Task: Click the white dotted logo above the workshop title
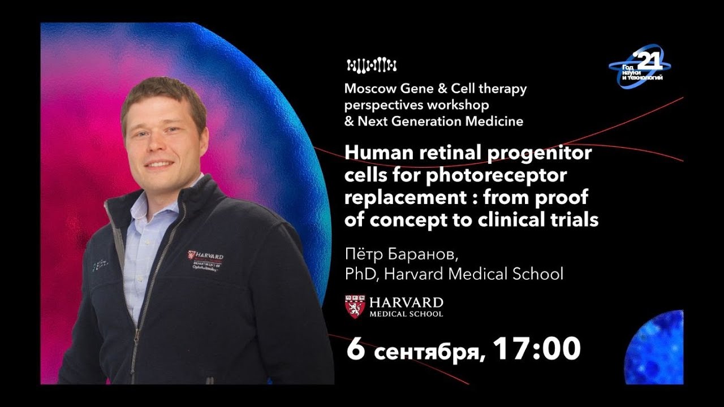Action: point(372,66)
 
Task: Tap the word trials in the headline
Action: point(574,220)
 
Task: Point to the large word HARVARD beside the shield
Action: point(406,302)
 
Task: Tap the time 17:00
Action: point(537,348)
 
